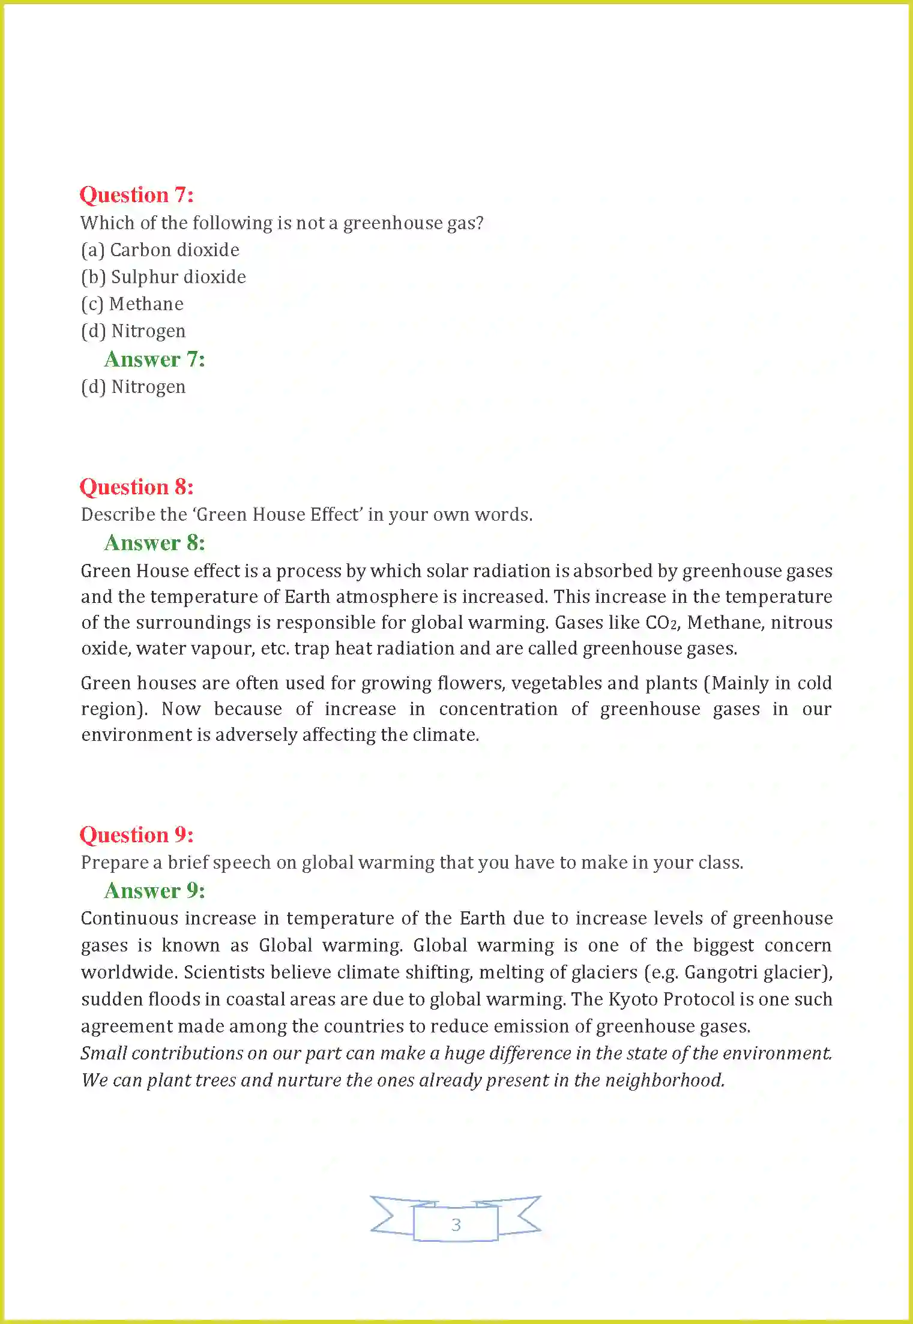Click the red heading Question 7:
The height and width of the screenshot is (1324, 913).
pos(136,195)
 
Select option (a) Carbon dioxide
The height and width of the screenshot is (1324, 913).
pos(160,250)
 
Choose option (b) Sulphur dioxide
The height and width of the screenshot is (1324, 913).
pos(163,277)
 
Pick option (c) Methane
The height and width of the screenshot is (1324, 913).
pos(132,304)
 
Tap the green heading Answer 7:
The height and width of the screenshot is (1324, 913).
pos(154,359)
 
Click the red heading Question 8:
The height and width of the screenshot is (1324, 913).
pos(136,487)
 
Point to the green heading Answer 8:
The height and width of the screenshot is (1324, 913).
pos(154,543)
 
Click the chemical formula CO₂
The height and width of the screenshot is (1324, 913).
pos(661,623)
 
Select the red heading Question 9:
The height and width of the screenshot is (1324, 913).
pos(136,834)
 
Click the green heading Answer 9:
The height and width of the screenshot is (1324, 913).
pos(154,891)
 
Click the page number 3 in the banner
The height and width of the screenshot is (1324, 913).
pos(456,1224)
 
